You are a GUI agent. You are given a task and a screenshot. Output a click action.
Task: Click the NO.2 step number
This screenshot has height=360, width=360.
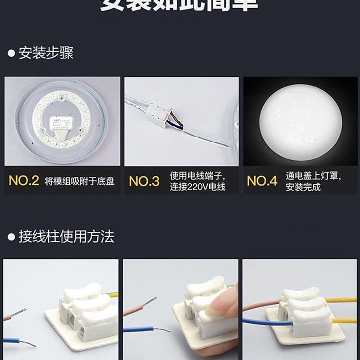click(x=24, y=181)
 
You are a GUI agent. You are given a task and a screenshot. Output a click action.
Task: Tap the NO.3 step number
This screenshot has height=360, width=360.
click(x=144, y=181)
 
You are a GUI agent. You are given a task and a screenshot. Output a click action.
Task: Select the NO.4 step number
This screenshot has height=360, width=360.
click(x=262, y=181)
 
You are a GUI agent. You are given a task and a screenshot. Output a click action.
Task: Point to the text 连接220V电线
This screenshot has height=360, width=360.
click(x=198, y=187)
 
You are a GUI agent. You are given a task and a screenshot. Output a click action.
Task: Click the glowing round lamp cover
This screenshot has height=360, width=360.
click(x=300, y=121)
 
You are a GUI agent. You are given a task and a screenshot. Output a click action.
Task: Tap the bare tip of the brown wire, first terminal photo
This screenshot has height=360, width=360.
click(x=19, y=312)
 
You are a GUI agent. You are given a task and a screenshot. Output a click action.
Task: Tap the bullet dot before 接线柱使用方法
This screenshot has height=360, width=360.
click(x=12, y=237)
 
